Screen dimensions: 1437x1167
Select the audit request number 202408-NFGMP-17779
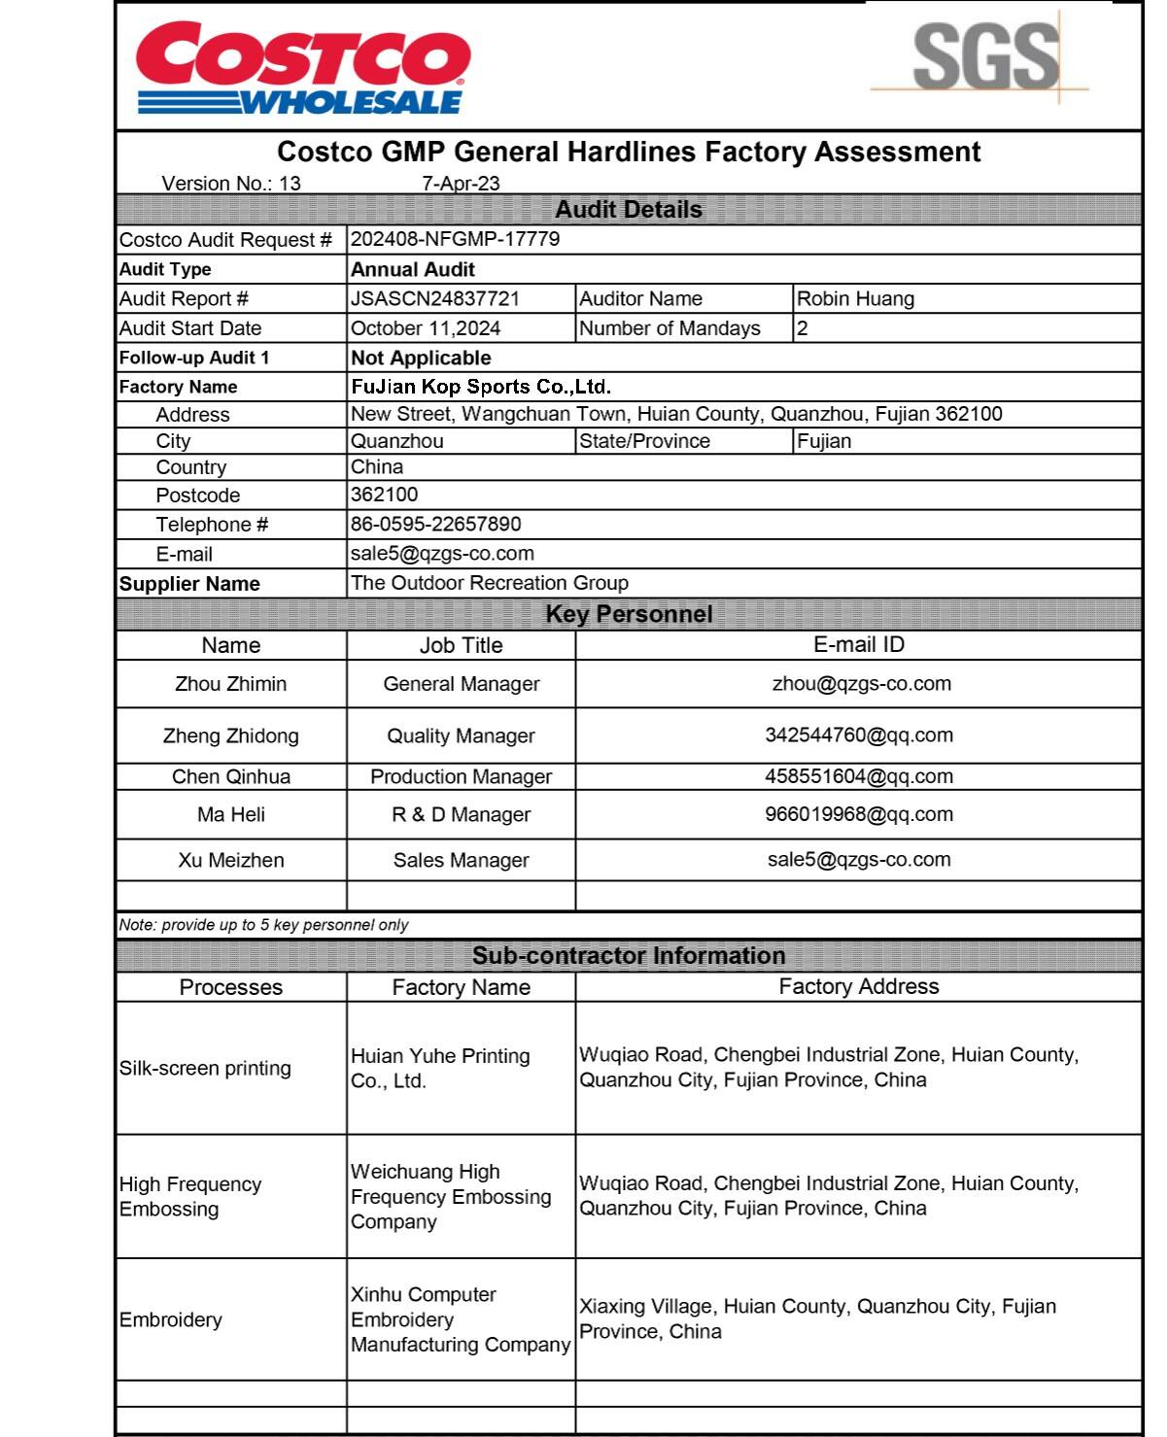pyautogui.click(x=455, y=239)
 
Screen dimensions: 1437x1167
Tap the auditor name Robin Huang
pyautogui.click(x=855, y=298)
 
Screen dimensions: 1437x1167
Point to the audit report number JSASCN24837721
pyautogui.click(x=435, y=298)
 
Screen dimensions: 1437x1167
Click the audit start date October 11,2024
pyautogui.click(x=426, y=328)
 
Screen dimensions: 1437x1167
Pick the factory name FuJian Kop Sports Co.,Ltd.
pyautogui.click(x=481, y=387)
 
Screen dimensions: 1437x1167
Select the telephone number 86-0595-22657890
pyautogui.click(x=435, y=525)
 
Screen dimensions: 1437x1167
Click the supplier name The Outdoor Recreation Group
pyautogui.click(x=490, y=583)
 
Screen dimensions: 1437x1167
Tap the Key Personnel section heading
pyautogui.click(x=629, y=614)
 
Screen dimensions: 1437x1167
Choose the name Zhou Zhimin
pyautogui.click(x=231, y=684)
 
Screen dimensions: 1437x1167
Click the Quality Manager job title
pyautogui.click(x=461, y=736)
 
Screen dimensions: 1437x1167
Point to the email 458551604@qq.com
pyautogui.click(x=859, y=776)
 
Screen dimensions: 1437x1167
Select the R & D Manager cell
pyautogui.click(x=461, y=814)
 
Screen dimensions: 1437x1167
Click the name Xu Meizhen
pyautogui.click(x=231, y=860)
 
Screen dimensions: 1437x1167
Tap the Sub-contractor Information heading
pyautogui.click(x=629, y=955)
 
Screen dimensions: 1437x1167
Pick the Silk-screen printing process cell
pyautogui.click(x=205, y=1068)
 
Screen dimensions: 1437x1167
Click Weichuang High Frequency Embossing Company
pyautogui.click(x=451, y=1196)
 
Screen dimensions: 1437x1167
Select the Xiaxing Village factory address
pyautogui.click(x=817, y=1318)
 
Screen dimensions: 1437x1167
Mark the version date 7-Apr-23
pyautogui.click(x=461, y=183)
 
